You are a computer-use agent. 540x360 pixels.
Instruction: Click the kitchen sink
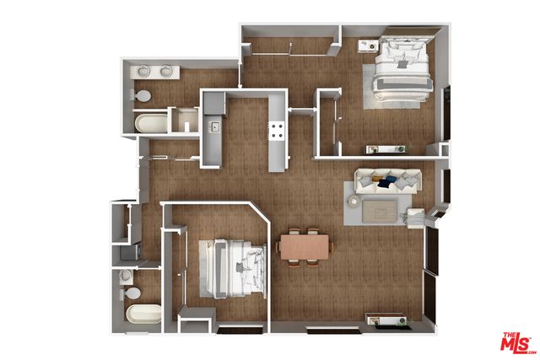214,127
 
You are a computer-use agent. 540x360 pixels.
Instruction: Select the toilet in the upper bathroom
144,95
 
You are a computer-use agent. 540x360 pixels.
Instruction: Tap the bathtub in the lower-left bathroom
143,314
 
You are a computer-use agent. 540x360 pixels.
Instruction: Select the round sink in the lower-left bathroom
125,276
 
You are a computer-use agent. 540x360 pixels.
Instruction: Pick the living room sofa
386,180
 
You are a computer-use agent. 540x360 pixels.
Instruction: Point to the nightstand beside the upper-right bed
368,46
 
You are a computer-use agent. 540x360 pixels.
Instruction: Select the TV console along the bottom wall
386,320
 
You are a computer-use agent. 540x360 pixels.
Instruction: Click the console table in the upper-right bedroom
384,149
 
